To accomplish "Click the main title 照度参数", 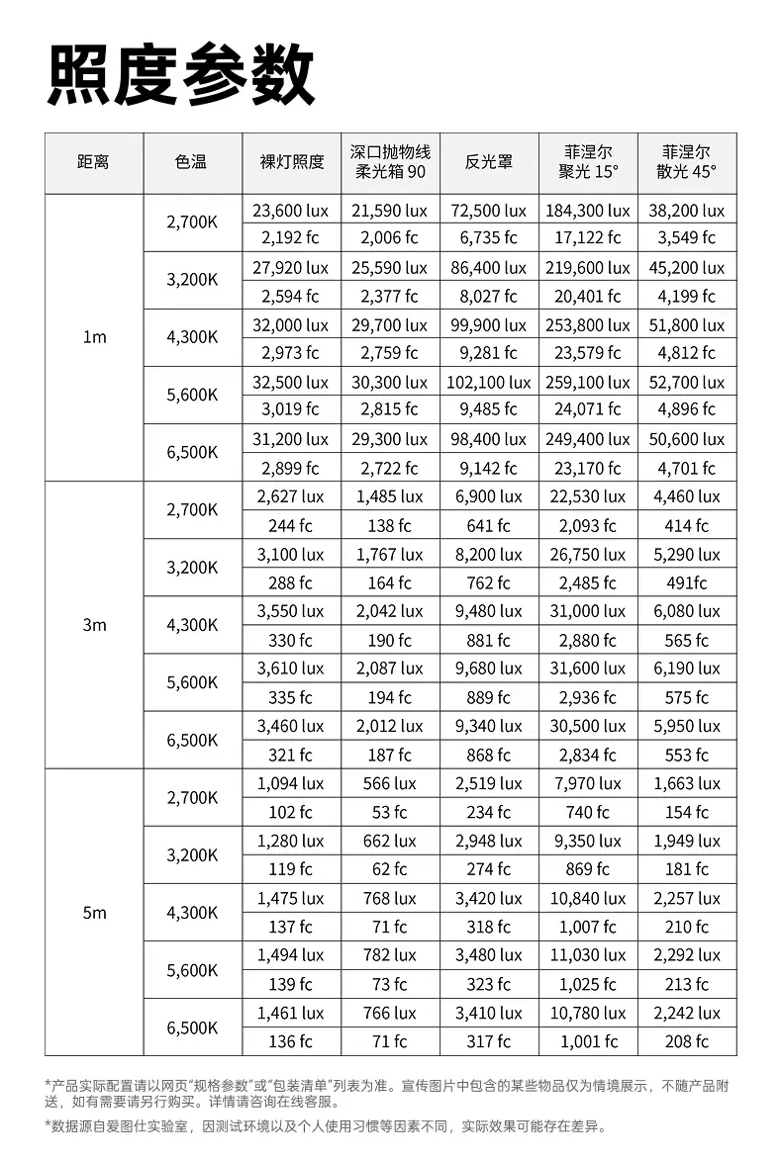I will (x=180, y=74).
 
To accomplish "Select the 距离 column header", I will (x=93, y=162).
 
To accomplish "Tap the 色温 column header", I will (x=191, y=162).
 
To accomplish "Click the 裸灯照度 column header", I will (x=291, y=162).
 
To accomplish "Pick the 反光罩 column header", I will (x=489, y=162).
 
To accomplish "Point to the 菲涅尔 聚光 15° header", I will (x=588, y=162).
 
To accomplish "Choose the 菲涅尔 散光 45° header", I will (x=687, y=162).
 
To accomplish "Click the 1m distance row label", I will (x=94, y=337).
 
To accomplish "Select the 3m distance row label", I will (x=94, y=625).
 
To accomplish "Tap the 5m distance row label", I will (x=94, y=913).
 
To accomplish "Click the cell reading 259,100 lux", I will (x=588, y=382).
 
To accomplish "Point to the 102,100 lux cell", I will (x=489, y=382).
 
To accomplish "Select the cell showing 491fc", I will (x=687, y=582).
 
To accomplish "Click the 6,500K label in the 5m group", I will (x=192, y=1027).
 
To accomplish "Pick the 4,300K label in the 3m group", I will (x=192, y=625).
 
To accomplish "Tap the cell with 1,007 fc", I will (x=588, y=927).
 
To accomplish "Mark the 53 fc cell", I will (x=390, y=812).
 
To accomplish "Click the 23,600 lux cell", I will (x=291, y=211).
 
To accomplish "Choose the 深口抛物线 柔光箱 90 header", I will (x=390, y=162).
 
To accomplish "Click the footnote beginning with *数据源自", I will (x=327, y=1126).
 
